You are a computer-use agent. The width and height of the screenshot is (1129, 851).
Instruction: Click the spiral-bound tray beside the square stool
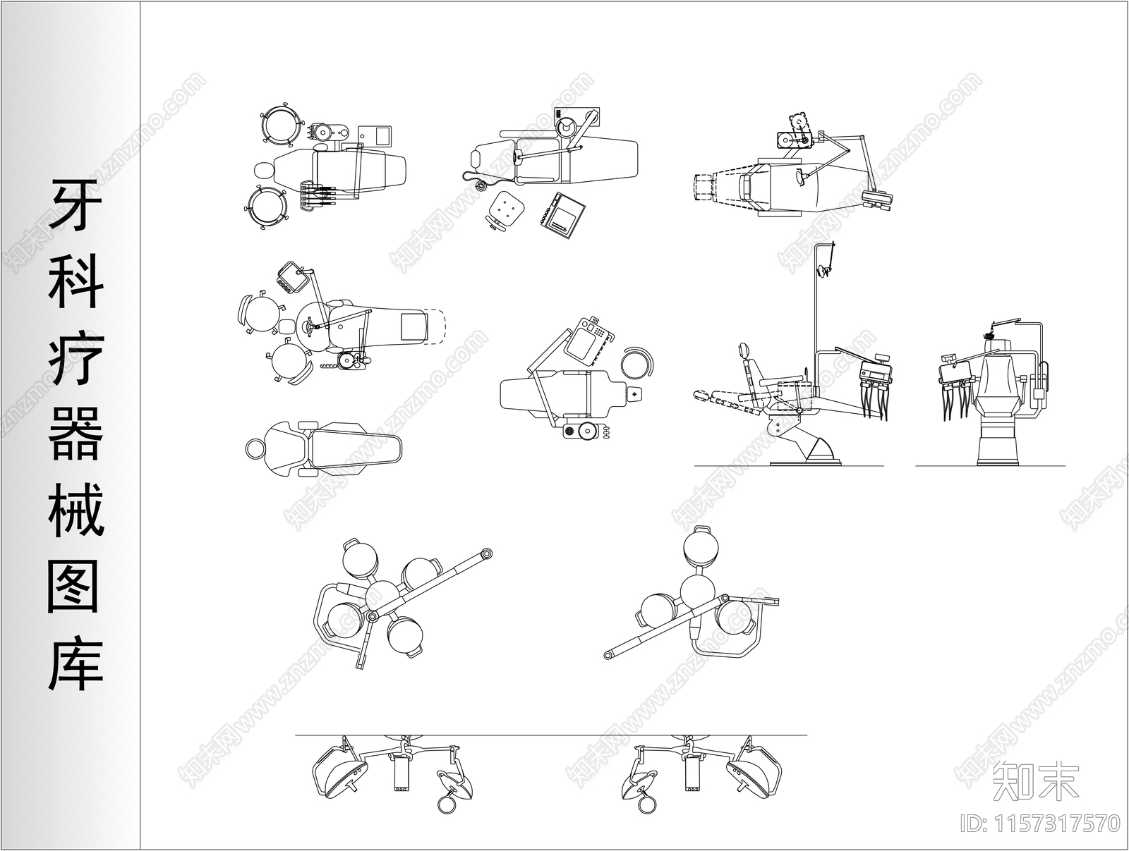point(562,216)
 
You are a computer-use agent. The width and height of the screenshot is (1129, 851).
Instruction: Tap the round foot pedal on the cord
point(481,185)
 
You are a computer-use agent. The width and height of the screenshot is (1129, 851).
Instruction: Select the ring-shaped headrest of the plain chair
point(255,448)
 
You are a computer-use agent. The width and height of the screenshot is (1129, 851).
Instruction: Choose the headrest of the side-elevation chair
point(742,351)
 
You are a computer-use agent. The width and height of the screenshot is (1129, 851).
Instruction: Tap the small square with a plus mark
point(635,394)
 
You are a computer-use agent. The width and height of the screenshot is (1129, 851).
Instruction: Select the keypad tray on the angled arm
point(589,340)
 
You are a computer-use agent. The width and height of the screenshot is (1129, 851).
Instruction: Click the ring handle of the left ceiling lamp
point(446,804)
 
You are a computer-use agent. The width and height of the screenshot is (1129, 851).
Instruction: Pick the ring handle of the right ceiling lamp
point(646,804)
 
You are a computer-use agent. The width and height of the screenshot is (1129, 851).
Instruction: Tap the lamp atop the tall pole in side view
point(824,269)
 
